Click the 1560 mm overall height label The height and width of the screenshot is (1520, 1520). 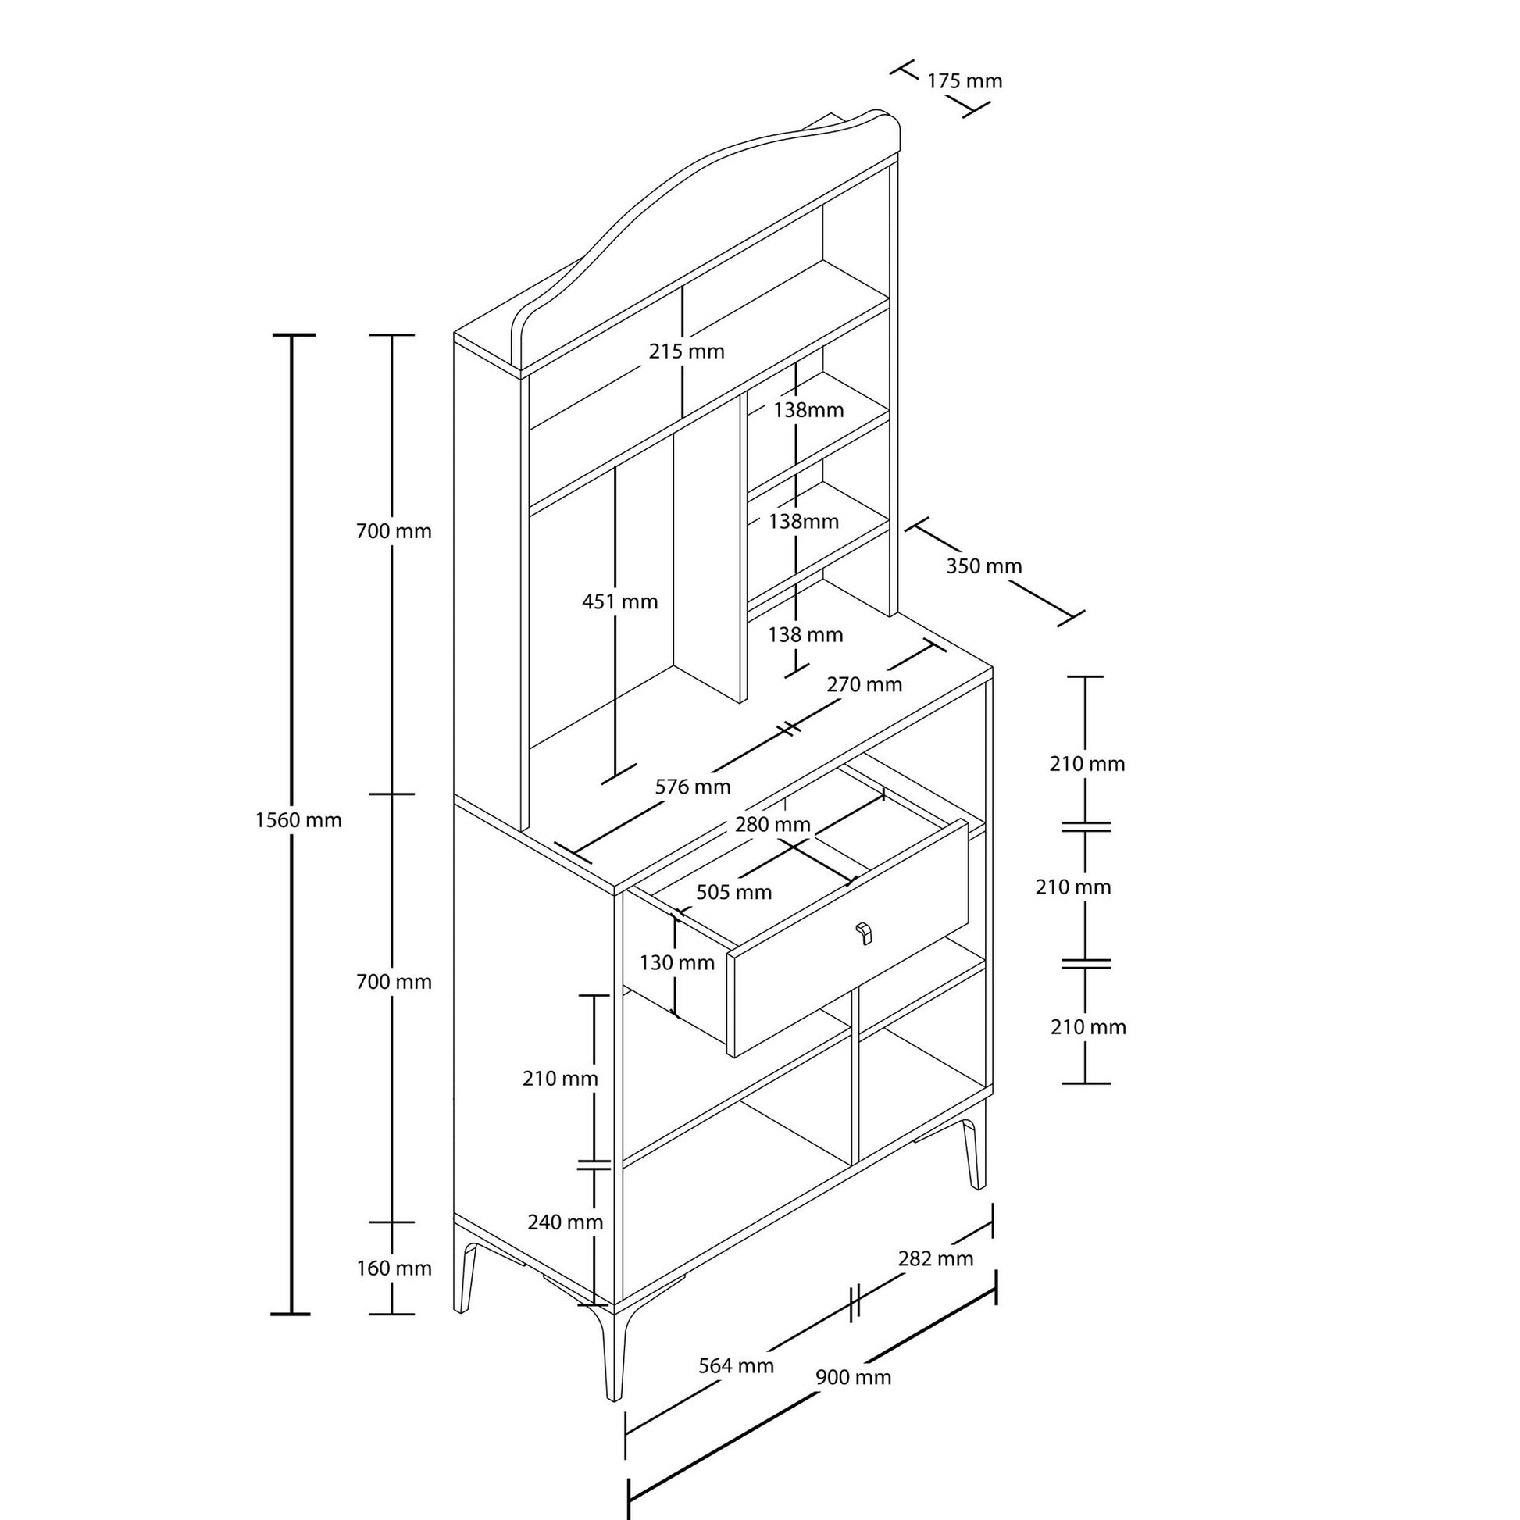[x=298, y=820]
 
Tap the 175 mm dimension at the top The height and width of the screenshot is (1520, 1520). [x=965, y=81]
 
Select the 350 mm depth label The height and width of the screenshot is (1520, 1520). [x=983, y=566]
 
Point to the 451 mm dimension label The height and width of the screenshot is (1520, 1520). [x=620, y=602]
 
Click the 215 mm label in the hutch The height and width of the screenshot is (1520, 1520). [x=687, y=351]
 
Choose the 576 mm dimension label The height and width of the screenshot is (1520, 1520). [x=693, y=787]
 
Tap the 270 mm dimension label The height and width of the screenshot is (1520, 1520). [x=864, y=684]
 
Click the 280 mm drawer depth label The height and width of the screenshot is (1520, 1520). [x=772, y=825]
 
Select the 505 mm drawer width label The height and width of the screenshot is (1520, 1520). [x=734, y=892]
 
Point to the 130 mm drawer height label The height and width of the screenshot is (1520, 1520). [x=676, y=962]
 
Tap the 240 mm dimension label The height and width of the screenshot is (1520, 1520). [x=565, y=1222]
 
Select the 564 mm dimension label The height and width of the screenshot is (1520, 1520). [x=737, y=1366]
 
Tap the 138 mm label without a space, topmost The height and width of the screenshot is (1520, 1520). [x=808, y=410]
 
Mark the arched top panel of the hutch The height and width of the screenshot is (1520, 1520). [x=708, y=173]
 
